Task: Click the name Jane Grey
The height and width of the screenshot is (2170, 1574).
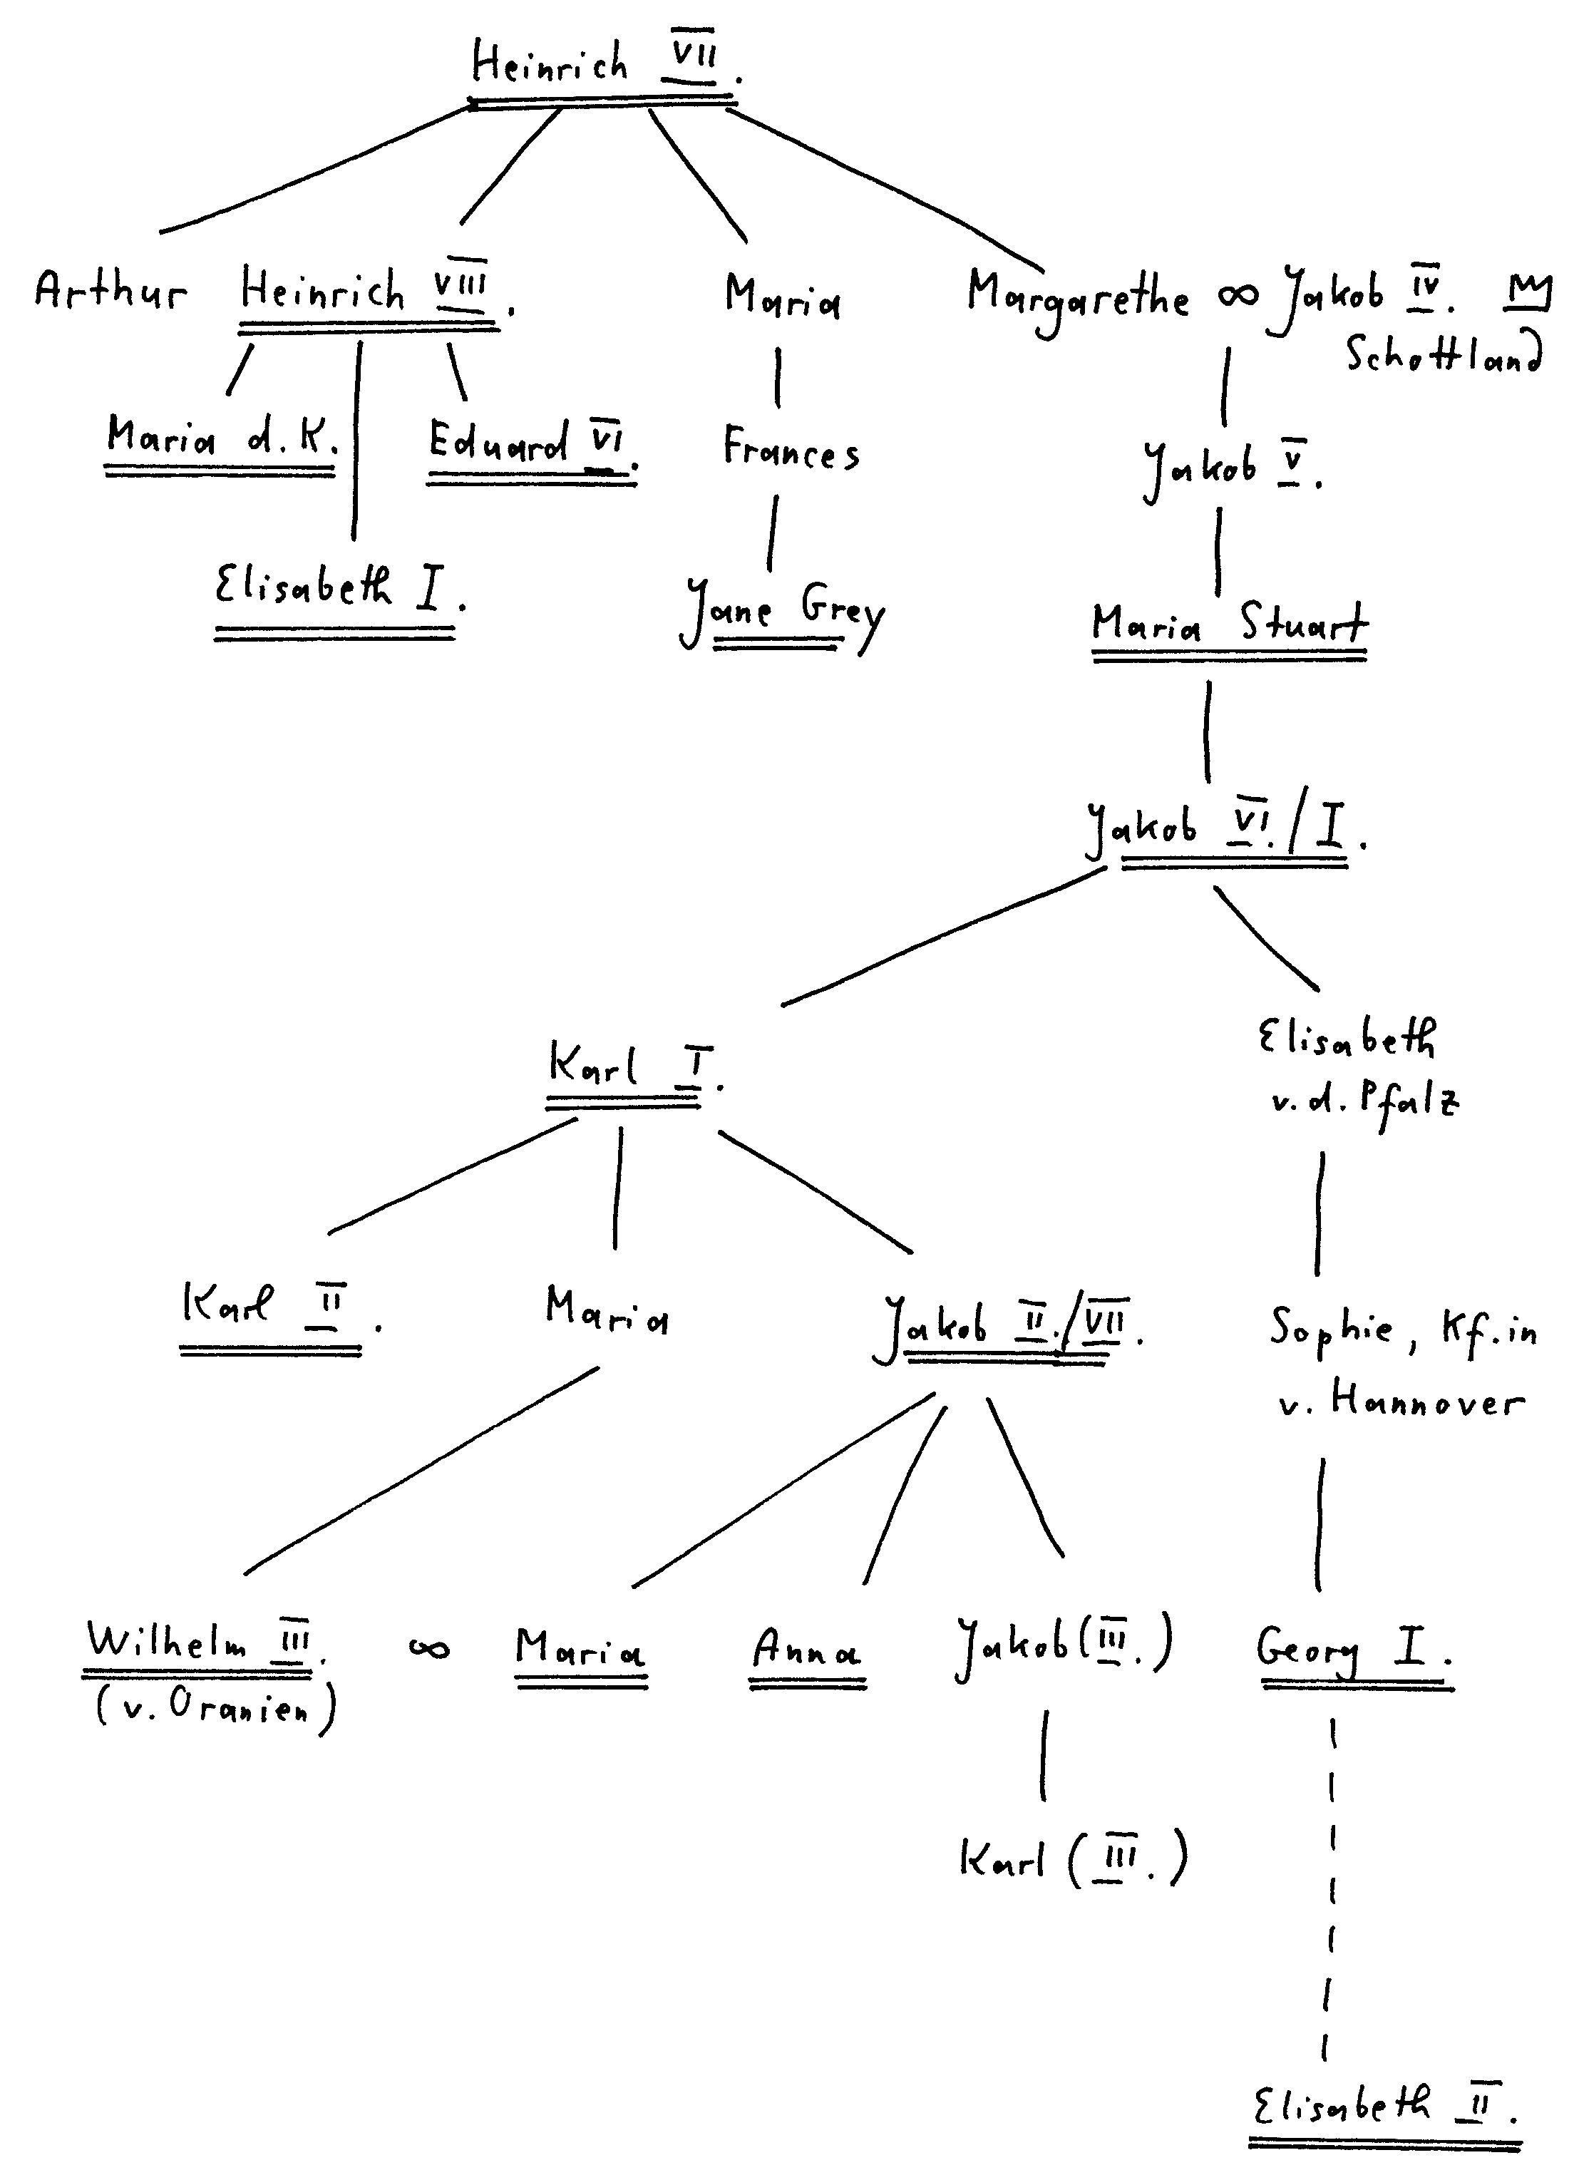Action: pos(783,610)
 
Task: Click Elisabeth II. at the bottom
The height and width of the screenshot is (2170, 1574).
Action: pos(1384,2105)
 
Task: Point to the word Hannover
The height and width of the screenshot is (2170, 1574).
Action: pos(1426,1404)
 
